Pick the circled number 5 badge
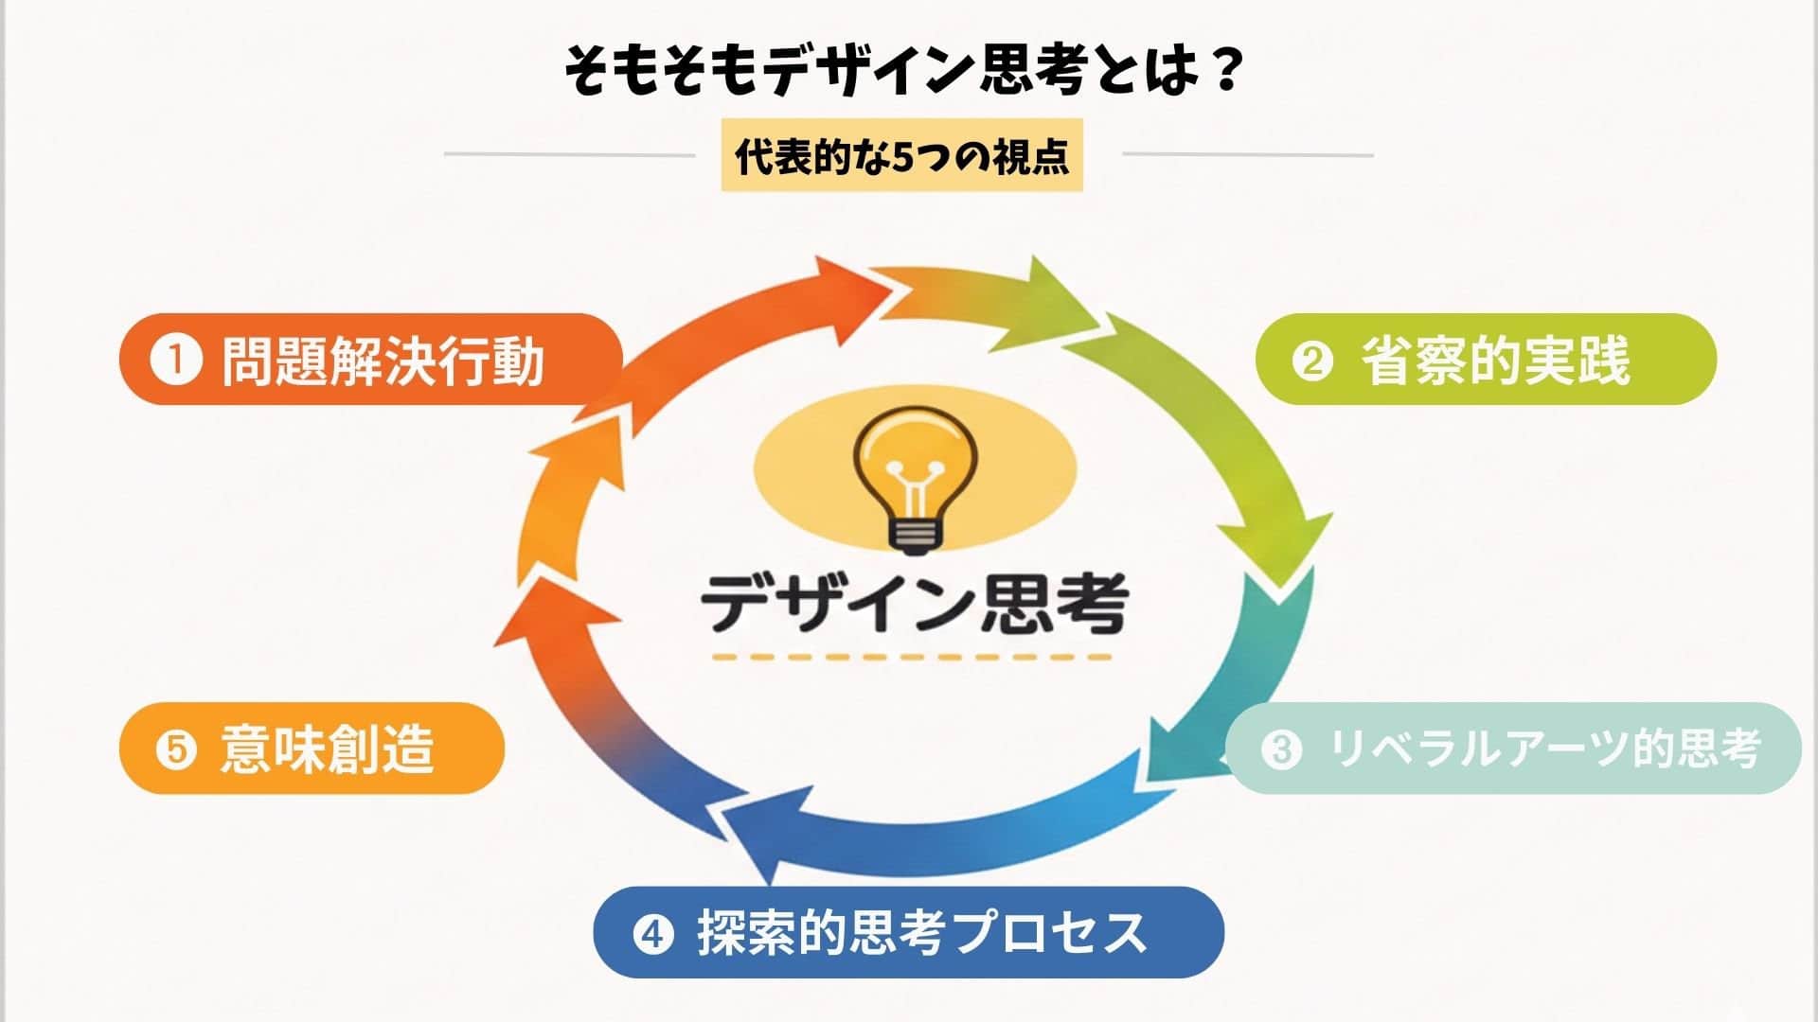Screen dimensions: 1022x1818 coord(176,749)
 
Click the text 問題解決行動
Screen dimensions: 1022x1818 coord(383,361)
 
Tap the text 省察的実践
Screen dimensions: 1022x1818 coord(1496,361)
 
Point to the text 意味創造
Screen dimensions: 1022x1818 coord(327,749)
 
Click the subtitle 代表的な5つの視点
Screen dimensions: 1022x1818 coord(901,155)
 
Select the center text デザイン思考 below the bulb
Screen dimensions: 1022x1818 coord(915,603)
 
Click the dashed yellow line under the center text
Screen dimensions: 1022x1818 coord(912,656)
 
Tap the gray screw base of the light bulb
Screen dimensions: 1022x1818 coord(913,537)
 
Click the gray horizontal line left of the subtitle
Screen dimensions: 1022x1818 coord(569,154)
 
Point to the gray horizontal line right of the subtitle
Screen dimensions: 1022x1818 coord(1247,154)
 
